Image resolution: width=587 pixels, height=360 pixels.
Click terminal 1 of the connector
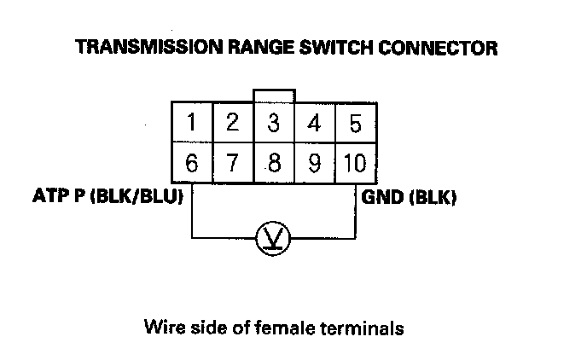click(192, 124)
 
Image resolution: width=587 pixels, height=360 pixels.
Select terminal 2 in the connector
click(233, 124)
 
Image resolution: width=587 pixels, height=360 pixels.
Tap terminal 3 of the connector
click(274, 124)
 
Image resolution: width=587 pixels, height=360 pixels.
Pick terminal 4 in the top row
click(315, 124)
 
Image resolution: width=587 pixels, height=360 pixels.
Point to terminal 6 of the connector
click(192, 164)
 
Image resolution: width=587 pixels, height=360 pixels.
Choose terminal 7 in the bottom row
click(233, 164)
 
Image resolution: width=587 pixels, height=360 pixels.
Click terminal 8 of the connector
click(274, 164)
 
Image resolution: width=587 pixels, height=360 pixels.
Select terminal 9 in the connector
click(315, 164)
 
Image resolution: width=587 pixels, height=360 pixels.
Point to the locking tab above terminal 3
click(274, 94)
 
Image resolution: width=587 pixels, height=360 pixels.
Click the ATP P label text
click(58, 199)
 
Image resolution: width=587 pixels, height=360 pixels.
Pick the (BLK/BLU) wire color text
click(136, 199)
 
